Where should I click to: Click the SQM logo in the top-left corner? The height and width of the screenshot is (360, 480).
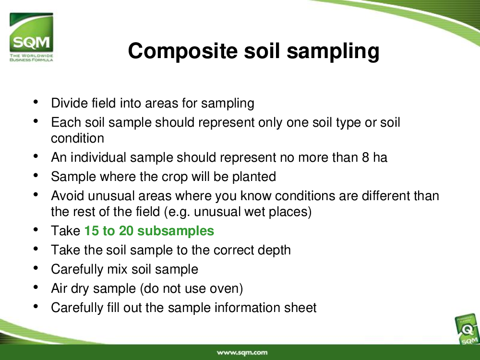click(31, 37)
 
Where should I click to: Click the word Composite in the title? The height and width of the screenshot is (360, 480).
click(183, 51)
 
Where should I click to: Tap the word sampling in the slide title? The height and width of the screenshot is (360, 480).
click(333, 51)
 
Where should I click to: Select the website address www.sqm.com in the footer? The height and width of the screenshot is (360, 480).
click(242, 353)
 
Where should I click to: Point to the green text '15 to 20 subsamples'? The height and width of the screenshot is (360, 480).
click(149, 231)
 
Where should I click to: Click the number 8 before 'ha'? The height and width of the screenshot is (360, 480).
click(365, 157)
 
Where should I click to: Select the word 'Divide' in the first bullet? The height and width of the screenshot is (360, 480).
click(70, 103)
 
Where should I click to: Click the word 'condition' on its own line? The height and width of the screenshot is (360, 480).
click(77, 138)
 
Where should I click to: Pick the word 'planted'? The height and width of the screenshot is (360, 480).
click(254, 177)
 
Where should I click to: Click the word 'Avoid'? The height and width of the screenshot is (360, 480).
click(67, 196)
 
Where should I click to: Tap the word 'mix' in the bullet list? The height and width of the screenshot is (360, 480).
click(117, 269)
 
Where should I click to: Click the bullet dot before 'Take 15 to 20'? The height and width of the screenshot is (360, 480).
click(36, 229)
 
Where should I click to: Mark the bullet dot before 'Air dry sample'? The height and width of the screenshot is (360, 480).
click(36, 287)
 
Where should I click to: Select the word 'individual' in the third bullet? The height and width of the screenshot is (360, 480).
click(98, 157)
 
